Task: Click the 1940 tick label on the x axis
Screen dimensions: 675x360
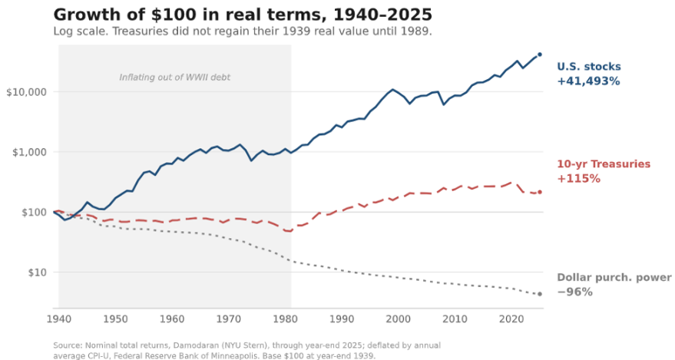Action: point(59,319)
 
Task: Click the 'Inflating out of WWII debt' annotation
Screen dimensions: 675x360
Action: point(175,78)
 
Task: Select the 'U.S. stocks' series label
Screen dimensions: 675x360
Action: point(589,67)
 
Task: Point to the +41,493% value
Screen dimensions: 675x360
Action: point(588,81)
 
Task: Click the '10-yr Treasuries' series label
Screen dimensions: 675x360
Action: point(604,163)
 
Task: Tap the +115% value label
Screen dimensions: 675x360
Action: point(578,179)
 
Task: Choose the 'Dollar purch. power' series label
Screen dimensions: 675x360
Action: point(614,277)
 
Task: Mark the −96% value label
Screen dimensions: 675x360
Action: point(574,292)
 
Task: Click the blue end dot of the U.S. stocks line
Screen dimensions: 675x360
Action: point(540,54)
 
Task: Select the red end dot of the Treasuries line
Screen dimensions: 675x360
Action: point(540,192)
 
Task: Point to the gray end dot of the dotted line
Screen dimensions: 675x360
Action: point(540,294)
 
